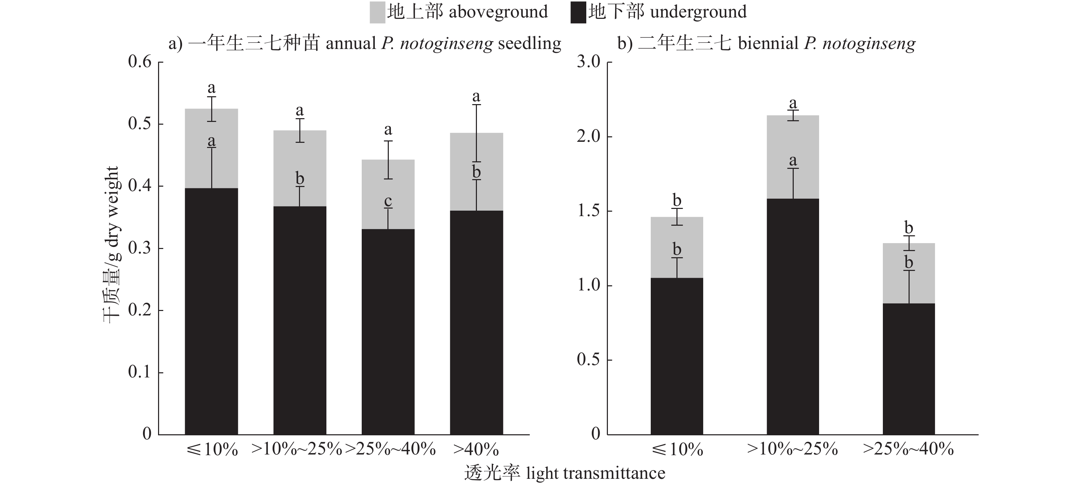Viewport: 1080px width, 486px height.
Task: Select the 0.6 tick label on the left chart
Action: [140, 62]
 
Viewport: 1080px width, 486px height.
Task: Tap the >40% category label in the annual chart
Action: [476, 450]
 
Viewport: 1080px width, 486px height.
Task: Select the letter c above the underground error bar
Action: [388, 201]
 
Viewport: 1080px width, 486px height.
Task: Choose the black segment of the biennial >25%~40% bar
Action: [909, 369]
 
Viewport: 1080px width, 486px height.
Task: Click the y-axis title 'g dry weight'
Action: [112, 214]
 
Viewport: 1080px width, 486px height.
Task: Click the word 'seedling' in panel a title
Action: [529, 43]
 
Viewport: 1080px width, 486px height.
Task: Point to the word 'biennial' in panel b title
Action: [768, 43]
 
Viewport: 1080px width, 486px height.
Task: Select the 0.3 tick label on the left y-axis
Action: [140, 248]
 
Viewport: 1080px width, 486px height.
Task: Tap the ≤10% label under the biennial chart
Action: [677, 450]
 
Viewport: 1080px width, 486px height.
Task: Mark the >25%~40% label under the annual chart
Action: [390, 450]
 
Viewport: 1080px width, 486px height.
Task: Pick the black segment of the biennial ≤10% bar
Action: [677, 356]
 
